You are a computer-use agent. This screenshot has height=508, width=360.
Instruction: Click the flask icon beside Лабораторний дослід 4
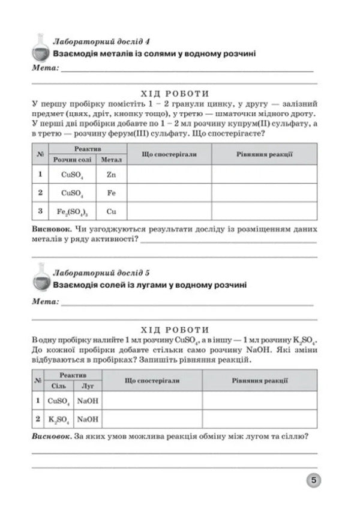tap(41, 47)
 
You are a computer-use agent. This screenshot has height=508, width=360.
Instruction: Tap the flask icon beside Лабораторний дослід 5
tap(41, 277)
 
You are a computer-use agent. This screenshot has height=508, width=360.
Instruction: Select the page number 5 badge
tap(314, 480)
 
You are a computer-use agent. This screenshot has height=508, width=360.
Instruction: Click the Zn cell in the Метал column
tap(111, 175)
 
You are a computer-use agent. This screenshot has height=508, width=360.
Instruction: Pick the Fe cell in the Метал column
tap(111, 193)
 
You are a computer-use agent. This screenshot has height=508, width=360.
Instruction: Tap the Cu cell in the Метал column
tap(111, 211)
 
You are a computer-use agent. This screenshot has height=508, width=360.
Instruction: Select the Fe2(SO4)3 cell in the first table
tap(72, 211)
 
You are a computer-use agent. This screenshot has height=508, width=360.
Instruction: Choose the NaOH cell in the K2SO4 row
tap(88, 419)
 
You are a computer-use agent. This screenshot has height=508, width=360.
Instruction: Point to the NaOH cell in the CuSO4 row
tap(88, 400)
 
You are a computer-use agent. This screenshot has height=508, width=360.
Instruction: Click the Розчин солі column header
tap(72, 160)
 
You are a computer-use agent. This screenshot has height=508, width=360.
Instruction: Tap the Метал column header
tap(111, 160)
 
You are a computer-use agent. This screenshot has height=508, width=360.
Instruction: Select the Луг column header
tap(88, 386)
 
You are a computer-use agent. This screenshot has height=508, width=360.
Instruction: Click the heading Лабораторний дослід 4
tap(101, 41)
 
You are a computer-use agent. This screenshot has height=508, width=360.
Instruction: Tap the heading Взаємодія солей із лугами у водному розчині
tap(149, 285)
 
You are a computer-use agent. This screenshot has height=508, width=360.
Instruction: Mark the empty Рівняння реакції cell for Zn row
tap(264, 175)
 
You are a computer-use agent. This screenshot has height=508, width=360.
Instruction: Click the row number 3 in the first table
tap(40, 211)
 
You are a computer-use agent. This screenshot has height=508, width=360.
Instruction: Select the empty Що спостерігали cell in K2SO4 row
tap(152, 419)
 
